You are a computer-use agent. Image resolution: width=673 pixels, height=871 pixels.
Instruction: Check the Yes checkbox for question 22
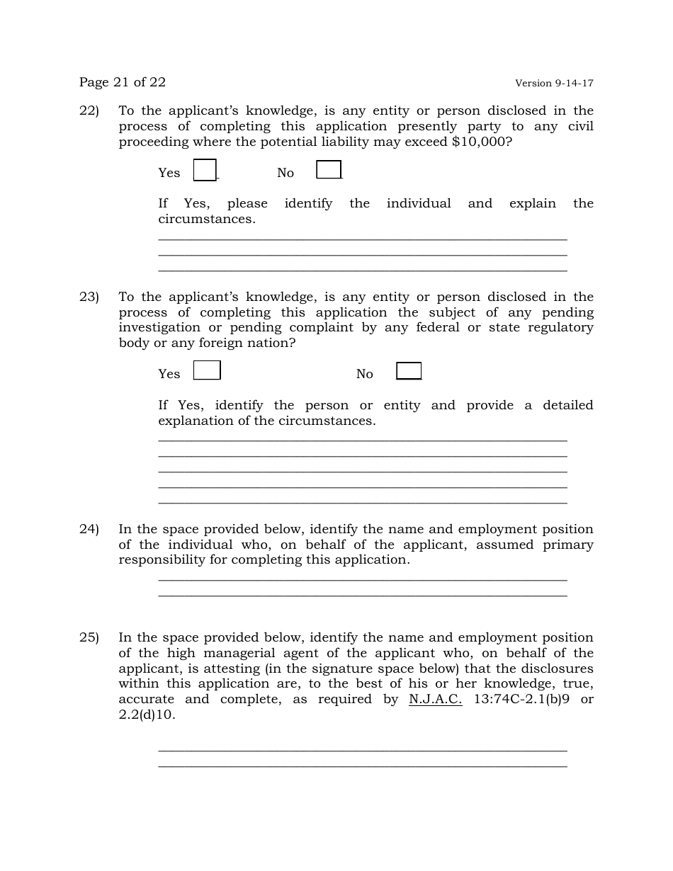click(x=205, y=171)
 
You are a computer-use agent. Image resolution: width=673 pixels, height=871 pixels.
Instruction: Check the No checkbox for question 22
click(x=329, y=170)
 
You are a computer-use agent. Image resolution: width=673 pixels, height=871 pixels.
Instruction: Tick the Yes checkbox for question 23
click(x=207, y=370)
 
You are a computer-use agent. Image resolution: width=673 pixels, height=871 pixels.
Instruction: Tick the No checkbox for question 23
click(x=409, y=371)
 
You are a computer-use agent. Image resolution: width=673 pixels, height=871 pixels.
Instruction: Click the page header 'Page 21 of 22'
click(x=123, y=82)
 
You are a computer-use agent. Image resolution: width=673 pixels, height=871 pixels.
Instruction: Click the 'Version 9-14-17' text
click(x=554, y=84)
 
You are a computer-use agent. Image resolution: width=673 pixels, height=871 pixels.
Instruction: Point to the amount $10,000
click(x=478, y=142)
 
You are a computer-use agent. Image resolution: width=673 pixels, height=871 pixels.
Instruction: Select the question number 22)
click(x=89, y=110)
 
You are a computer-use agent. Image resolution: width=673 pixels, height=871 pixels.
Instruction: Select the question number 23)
click(x=89, y=297)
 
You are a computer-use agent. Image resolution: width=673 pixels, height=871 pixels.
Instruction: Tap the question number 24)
click(x=89, y=529)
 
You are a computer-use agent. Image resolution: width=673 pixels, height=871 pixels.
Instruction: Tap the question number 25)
click(x=89, y=637)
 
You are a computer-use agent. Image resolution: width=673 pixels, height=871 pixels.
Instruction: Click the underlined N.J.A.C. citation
click(x=435, y=699)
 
